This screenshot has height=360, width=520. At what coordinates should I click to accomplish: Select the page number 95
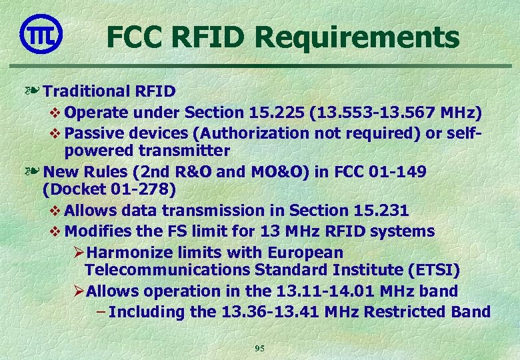pos(260,348)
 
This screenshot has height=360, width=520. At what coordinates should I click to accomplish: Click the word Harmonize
pos(129,252)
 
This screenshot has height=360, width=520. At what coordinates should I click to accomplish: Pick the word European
pos(305,252)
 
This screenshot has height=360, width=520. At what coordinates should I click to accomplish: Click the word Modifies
pos(97,231)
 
